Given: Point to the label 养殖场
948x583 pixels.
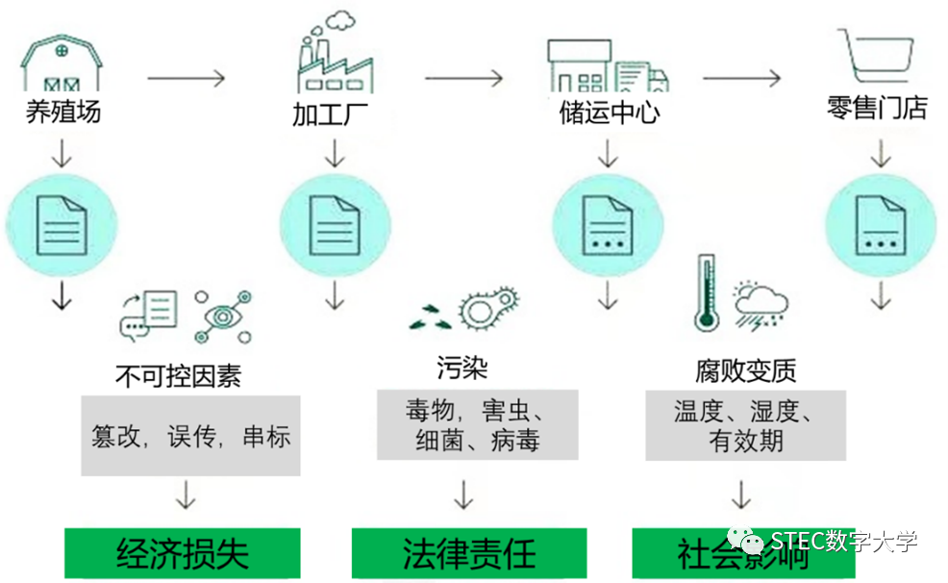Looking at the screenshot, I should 62,113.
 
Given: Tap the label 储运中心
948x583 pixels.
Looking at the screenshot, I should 610,113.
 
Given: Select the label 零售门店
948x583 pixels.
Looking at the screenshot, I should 877,109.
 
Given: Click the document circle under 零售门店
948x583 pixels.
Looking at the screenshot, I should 877,224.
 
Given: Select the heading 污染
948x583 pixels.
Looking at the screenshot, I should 462,368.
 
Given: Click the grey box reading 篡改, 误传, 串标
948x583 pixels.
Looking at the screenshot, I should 190,436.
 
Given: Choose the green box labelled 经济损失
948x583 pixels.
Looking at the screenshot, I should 183,553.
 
